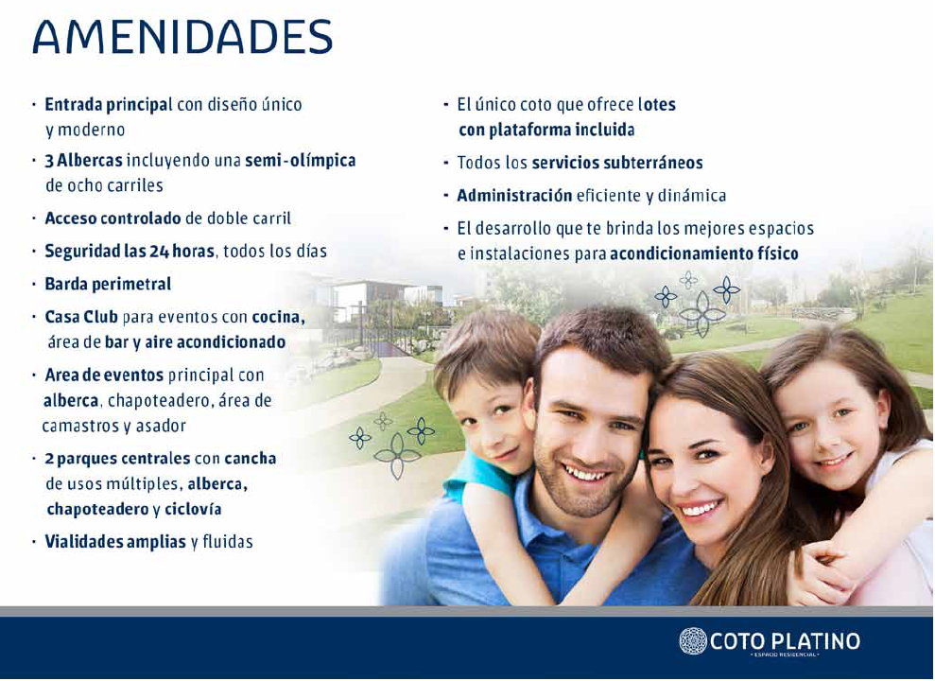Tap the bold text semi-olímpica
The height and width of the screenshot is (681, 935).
point(301,161)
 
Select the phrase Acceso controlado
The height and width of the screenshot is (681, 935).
point(113,218)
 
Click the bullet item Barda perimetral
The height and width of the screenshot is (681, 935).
point(108,284)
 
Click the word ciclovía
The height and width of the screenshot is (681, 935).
point(193,510)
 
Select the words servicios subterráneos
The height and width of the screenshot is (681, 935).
point(617,164)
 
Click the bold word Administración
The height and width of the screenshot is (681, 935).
point(514,196)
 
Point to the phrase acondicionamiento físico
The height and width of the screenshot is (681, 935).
point(704,254)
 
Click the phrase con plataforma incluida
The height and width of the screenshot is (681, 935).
point(546,130)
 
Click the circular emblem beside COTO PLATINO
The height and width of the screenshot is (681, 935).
point(693,641)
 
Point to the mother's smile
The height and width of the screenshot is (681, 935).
point(701,509)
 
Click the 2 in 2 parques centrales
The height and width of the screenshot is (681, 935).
point(48,459)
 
